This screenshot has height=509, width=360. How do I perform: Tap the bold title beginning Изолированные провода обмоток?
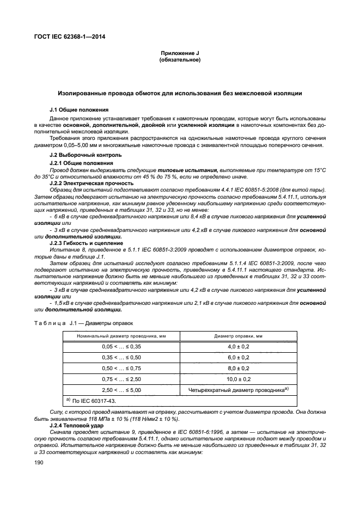(180, 94)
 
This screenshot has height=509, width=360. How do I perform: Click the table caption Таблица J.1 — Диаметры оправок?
(92, 323)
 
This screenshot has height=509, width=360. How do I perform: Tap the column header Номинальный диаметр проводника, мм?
(121, 336)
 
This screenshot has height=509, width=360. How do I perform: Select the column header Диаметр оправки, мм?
(237, 336)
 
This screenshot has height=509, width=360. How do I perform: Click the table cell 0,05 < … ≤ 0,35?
(121, 347)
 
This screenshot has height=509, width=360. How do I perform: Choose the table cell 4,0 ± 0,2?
(237, 347)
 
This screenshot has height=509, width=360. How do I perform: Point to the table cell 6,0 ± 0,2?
(237, 358)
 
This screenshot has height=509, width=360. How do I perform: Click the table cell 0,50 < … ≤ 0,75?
(121, 369)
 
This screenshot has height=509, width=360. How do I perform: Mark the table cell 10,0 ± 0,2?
(237, 379)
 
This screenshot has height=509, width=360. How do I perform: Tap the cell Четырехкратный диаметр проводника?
(237, 390)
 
